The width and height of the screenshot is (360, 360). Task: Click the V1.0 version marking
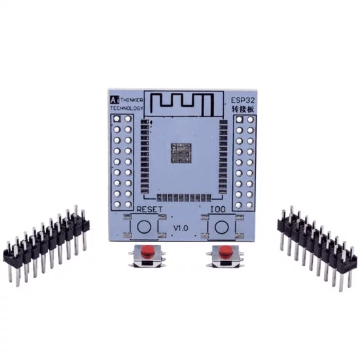coord(181,228)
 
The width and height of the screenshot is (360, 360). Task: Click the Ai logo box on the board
coord(113,99)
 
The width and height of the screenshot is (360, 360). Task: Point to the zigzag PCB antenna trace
coord(183,103)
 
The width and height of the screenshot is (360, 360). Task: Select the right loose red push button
coord(223,255)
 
